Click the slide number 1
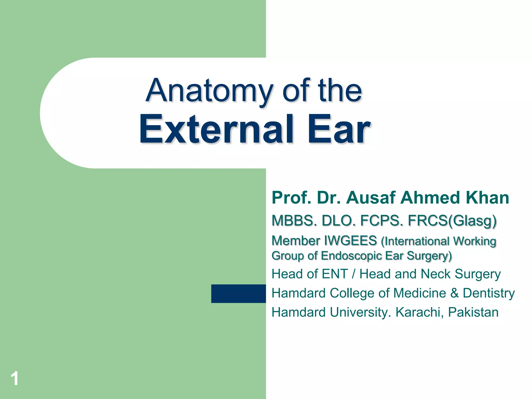(x=15, y=378)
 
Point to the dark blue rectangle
(x=238, y=294)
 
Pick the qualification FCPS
(x=382, y=221)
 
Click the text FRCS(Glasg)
(x=452, y=221)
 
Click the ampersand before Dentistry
(x=455, y=293)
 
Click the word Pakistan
(x=473, y=312)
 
